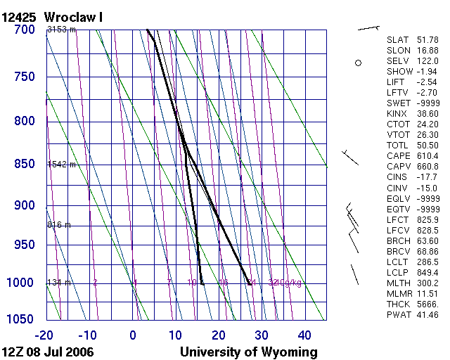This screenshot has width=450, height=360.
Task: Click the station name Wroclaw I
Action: tap(73, 16)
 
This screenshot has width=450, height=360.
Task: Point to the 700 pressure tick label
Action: tap(24, 30)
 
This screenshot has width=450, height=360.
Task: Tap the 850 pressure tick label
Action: tap(24, 165)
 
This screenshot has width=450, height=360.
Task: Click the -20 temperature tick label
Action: tap(45, 335)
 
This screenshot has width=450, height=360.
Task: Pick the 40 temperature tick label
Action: tap(304, 335)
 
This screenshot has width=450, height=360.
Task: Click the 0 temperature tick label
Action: tap(133, 335)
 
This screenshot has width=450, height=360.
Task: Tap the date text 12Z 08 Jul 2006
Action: tap(48, 352)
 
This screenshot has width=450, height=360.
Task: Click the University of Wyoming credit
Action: tap(249, 352)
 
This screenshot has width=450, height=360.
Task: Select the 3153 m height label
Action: tap(61, 30)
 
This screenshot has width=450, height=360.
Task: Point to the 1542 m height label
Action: tap(61, 165)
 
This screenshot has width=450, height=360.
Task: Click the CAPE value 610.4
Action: tap(427, 155)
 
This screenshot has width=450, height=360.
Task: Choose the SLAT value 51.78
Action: tap(427, 40)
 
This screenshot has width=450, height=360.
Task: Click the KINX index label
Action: tap(397, 113)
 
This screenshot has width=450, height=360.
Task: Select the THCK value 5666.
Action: tap(427, 304)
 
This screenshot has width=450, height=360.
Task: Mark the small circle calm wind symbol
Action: tap(358, 63)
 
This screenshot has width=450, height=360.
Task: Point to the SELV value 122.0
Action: tap(427, 61)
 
